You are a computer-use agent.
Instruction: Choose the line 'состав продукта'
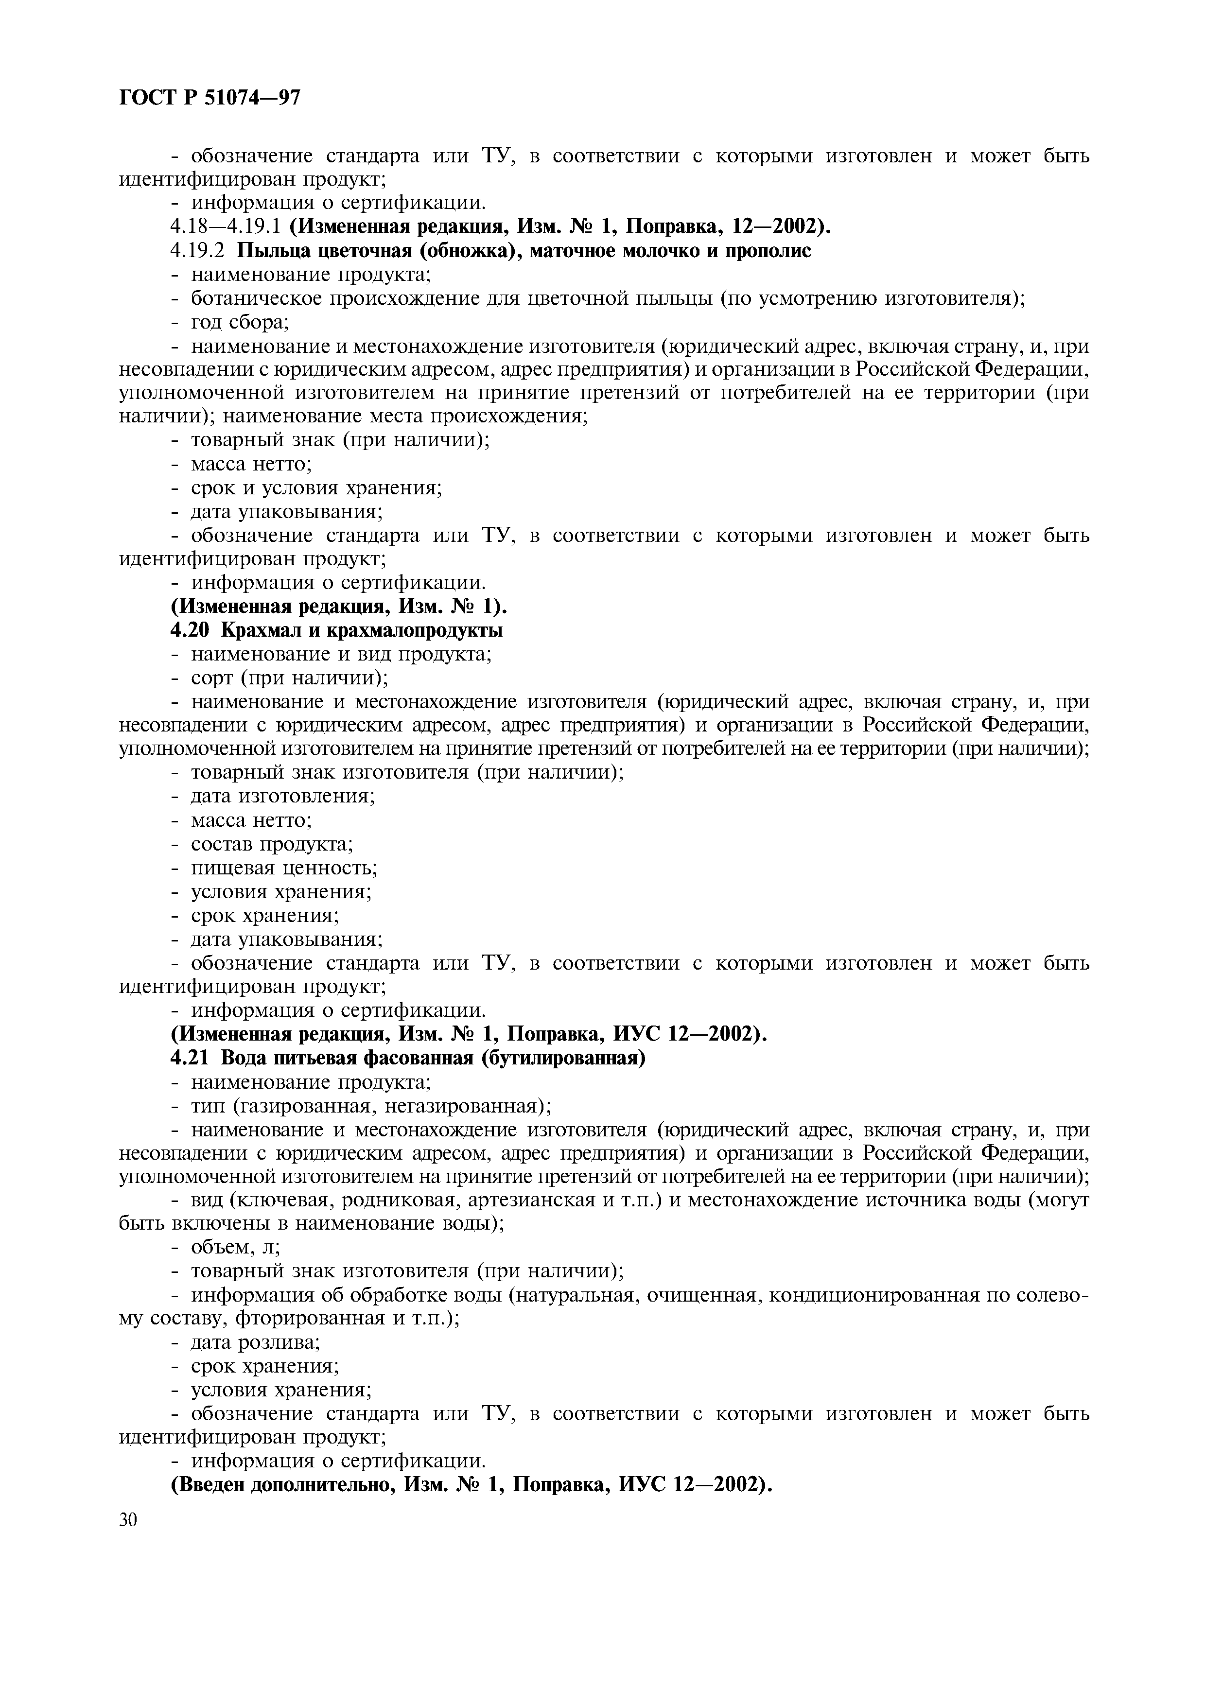click(272, 844)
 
